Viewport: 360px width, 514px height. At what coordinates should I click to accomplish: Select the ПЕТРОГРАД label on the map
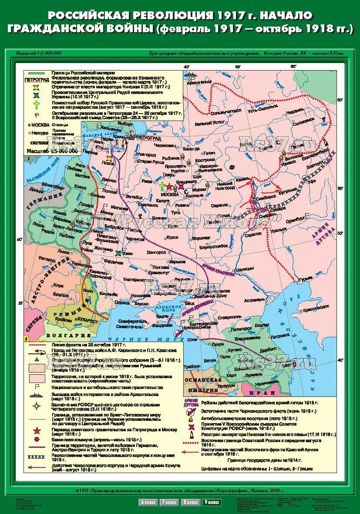(x=148, y=137)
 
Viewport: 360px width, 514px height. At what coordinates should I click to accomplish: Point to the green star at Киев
(x=118, y=252)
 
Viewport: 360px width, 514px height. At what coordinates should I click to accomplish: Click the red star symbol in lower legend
(x=37, y=431)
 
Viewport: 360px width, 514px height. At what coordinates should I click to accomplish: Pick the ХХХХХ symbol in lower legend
(x=37, y=458)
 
